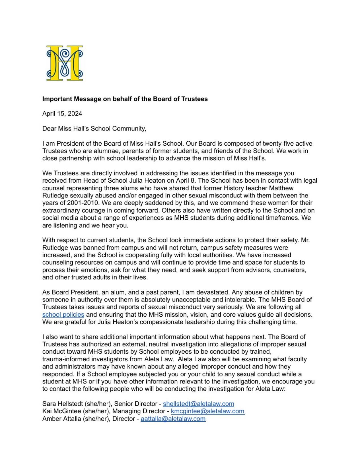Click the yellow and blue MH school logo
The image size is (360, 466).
pyautogui.click(x=65, y=63)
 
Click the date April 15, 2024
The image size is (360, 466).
pyautogui.click(x=62, y=114)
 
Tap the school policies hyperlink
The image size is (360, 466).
pyautogui.click(x=63, y=315)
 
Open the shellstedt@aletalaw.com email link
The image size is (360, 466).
pyautogui.click(x=198, y=404)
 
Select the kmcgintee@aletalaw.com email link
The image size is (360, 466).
pyautogui.click(x=207, y=411)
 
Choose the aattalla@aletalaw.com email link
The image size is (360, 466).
pyautogui.click(x=173, y=419)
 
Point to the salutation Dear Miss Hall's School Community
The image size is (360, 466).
pyautogui.click(x=94, y=129)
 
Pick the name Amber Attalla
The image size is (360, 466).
pyautogui.click(x=61, y=419)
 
